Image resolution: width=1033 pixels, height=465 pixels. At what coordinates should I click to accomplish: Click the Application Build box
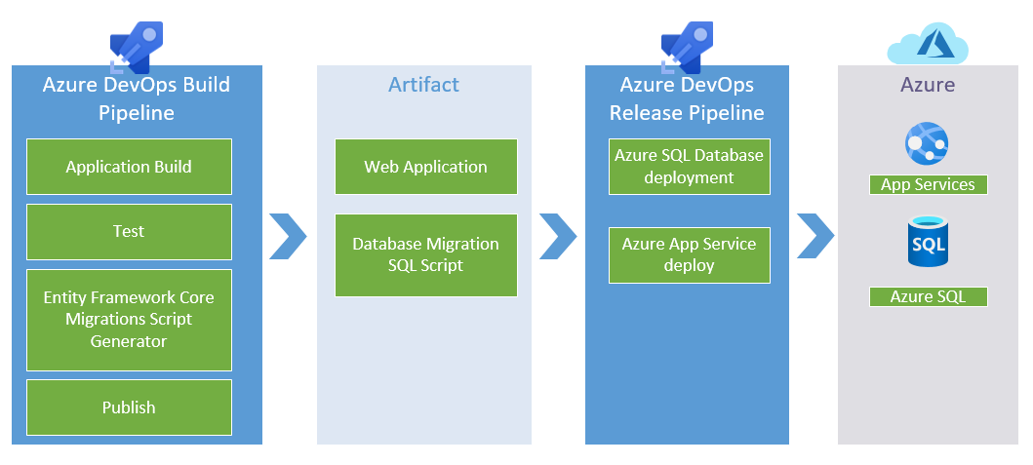(x=129, y=167)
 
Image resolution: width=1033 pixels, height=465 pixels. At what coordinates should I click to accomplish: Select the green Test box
(x=129, y=232)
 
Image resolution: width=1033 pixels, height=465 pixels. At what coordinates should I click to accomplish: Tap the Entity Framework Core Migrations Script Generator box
(x=129, y=320)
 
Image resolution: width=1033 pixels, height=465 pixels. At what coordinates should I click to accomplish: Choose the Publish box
(x=129, y=407)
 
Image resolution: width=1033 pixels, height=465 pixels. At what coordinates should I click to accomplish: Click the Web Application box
(x=425, y=167)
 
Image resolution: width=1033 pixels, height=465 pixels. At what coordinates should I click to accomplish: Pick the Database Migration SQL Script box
(x=425, y=254)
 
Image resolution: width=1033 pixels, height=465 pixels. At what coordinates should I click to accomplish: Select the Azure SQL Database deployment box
(x=689, y=167)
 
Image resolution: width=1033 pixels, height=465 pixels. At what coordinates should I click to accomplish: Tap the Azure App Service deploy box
(x=689, y=254)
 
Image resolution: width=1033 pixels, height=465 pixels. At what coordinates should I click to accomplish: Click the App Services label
(x=928, y=184)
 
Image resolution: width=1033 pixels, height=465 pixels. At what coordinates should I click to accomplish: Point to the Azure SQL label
(x=928, y=296)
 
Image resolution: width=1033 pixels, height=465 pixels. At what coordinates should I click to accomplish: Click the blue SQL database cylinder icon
(x=928, y=242)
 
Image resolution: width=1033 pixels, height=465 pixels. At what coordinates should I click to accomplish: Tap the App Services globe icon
(x=927, y=143)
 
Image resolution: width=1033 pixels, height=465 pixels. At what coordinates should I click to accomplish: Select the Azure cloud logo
(x=928, y=43)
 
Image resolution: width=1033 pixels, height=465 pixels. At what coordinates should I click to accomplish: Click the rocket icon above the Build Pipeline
(x=137, y=47)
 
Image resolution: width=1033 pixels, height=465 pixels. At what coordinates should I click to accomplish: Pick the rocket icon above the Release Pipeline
(x=687, y=47)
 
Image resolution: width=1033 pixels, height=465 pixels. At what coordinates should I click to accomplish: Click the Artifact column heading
(x=423, y=84)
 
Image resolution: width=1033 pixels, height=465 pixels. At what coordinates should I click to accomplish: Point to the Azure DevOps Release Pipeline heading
(x=687, y=98)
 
